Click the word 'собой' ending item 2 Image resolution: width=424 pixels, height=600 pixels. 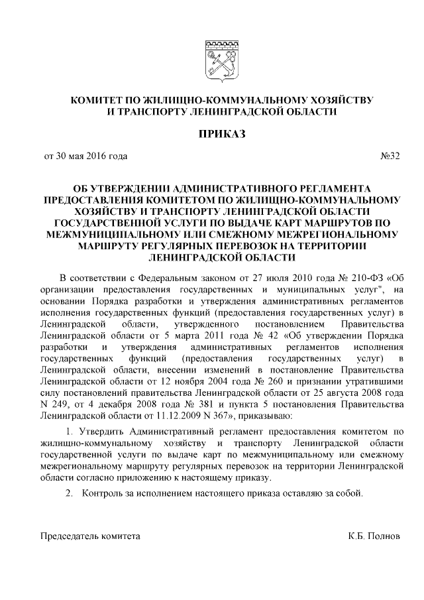[349, 495]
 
